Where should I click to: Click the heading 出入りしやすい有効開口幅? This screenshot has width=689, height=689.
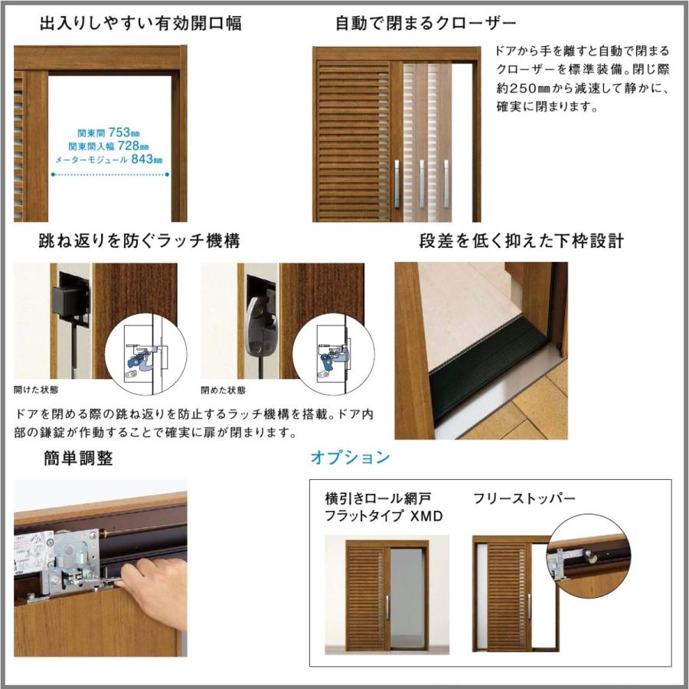tap(141, 23)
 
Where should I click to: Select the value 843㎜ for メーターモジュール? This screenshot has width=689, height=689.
tap(147, 159)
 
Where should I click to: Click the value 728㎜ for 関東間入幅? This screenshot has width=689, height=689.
tap(133, 145)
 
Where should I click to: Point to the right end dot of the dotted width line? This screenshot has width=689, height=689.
tap(167, 175)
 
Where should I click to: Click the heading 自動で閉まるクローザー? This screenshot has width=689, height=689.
tap(426, 23)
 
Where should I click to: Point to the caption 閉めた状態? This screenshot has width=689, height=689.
tap(224, 390)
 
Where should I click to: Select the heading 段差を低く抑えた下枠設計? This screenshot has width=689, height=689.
tap(521, 241)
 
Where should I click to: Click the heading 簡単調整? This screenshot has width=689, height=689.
tap(79, 459)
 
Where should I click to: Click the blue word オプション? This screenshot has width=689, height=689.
tap(350, 458)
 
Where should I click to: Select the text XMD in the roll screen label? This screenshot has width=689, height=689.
tap(426, 515)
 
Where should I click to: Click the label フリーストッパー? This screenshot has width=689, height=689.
tap(524, 498)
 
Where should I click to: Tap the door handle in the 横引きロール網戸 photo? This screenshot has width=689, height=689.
tap(387, 608)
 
